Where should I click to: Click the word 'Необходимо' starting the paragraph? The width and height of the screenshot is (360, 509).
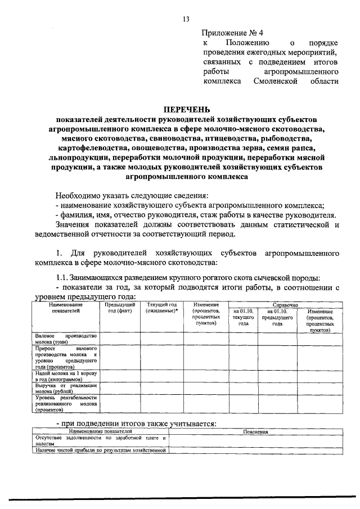pos(78,195)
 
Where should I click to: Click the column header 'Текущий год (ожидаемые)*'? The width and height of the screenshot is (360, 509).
pos(161,307)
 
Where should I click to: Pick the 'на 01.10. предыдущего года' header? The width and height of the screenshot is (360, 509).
pos(277,317)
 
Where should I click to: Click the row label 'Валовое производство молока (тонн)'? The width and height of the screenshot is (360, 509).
pos(66,339)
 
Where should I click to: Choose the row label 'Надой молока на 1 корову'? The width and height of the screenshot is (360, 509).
pos(66,376)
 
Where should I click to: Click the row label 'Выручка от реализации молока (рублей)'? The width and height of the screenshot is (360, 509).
pos(66,388)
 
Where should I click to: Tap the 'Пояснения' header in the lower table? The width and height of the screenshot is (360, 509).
pos(255,432)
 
